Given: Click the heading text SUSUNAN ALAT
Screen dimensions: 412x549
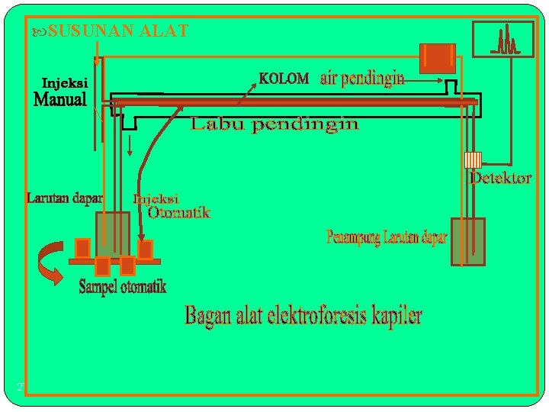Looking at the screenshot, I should (x=118, y=31).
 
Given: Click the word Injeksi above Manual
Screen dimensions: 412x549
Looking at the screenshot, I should (x=65, y=82).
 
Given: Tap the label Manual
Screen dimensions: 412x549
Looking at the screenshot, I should (x=60, y=100).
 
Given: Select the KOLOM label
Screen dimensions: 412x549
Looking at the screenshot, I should (x=284, y=79).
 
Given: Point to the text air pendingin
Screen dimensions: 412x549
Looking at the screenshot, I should (x=361, y=79).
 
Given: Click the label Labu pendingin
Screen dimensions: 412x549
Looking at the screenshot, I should (x=274, y=124).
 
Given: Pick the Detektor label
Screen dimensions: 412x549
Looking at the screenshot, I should (x=500, y=179).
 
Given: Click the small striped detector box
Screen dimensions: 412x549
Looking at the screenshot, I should (x=474, y=159).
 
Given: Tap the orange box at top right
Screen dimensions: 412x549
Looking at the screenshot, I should (x=438, y=58).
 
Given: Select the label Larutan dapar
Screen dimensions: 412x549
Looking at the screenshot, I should (x=65, y=198).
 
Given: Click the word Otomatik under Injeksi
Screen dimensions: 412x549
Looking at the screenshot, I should (x=178, y=213).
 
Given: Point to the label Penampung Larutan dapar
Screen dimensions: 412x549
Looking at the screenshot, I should (x=387, y=237).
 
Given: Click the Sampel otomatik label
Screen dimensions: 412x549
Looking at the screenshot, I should (x=123, y=287).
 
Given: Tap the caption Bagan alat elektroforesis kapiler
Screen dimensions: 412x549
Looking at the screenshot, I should (x=303, y=316).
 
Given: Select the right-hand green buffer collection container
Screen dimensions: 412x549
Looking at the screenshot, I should (x=467, y=242).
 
